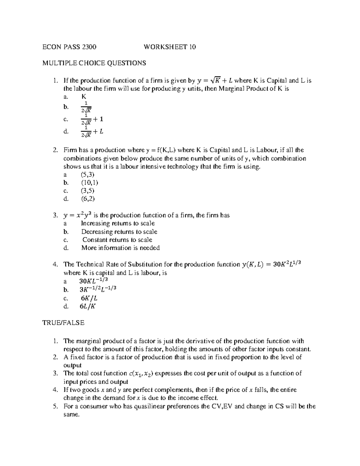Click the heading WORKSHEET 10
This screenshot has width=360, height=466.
[170, 47]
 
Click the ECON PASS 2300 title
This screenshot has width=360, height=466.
[69, 47]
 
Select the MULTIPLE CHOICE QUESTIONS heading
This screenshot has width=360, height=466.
[94, 63]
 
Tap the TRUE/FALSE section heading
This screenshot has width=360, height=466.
[63, 323]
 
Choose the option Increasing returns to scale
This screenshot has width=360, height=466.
[118, 224]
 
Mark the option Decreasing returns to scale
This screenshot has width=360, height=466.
[119, 232]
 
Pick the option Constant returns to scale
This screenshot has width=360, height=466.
[117, 240]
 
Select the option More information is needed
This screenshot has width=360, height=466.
[120, 248]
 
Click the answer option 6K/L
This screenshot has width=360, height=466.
[89, 298]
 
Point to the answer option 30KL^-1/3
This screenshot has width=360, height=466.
[93, 281]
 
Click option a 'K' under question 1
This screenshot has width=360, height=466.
[84, 97]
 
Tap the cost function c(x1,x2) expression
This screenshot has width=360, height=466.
[141, 374]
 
